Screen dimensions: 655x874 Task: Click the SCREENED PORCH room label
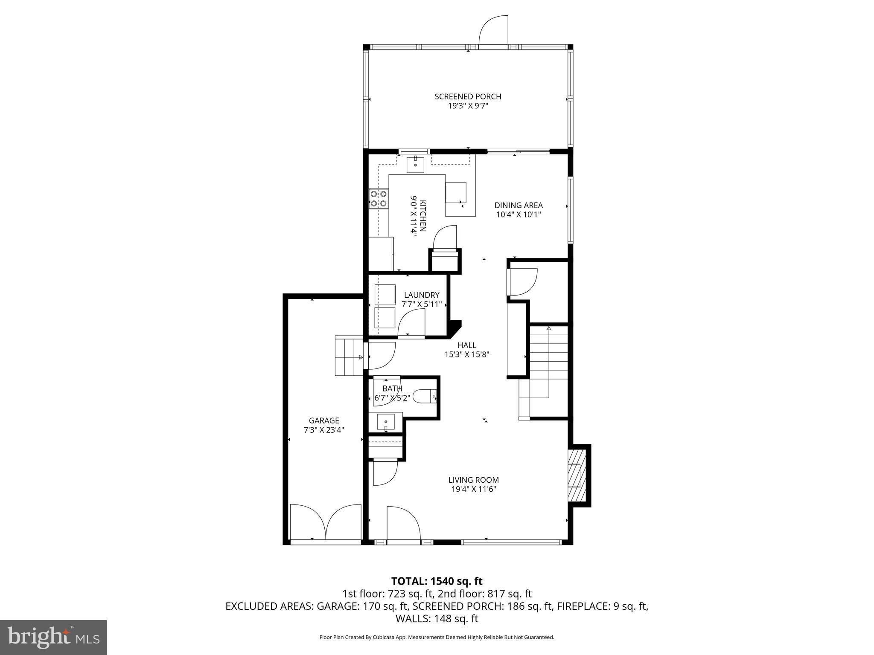tap(468, 96)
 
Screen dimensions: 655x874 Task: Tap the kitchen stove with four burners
tap(379, 199)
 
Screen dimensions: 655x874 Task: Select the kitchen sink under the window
tap(415, 165)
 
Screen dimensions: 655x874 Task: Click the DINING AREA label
tap(519, 206)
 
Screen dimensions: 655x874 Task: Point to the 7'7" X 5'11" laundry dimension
tap(422, 304)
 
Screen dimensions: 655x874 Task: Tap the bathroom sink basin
tap(386, 422)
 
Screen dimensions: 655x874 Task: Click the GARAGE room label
tap(324, 421)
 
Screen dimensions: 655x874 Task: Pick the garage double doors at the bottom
tap(326, 522)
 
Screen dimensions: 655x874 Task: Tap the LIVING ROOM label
tap(473, 480)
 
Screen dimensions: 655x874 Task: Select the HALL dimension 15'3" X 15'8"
tap(466, 354)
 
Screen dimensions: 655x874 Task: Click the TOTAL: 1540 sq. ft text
tap(437, 581)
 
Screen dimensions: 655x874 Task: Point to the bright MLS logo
tap(53, 637)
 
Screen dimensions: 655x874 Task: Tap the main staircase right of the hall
tap(548, 362)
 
